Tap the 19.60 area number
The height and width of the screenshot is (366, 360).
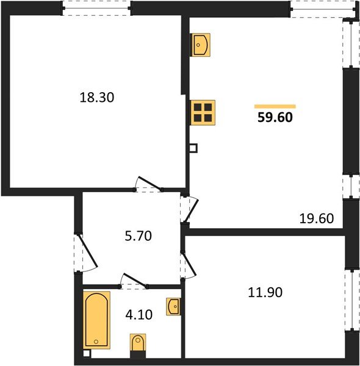[316, 218]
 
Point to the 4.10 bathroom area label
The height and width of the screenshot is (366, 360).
[138, 315]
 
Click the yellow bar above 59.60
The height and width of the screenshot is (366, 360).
[275, 106]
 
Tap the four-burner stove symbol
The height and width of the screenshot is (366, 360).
[203, 112]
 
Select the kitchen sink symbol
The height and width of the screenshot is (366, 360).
[200, 45]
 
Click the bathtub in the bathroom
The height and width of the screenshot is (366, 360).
[97, 320]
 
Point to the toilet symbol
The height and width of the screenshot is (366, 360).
[139, 345]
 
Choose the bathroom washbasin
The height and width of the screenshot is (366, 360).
[173, 304]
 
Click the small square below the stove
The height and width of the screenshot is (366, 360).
[193, 148]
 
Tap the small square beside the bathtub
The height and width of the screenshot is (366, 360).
[87, 353]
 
